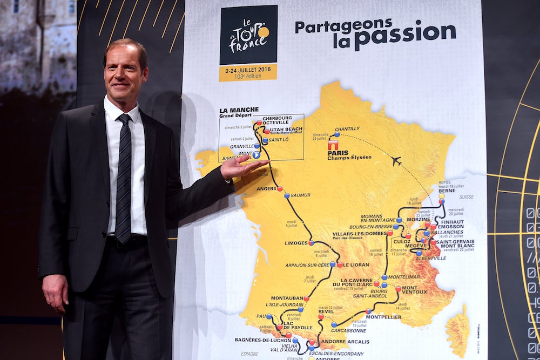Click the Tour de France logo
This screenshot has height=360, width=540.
point(248,36)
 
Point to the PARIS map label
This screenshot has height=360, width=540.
point(337,152)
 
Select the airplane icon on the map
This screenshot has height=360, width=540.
point(396,161)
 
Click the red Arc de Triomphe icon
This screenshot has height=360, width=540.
point(333,144)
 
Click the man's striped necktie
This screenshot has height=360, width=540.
point(124,179)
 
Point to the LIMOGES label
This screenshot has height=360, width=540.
point(296,243)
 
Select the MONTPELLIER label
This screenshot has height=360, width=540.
point(383,317)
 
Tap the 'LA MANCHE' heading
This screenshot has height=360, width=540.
point(239,110)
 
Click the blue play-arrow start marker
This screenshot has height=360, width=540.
point(256,155)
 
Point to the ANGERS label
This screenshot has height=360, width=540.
point(267,188)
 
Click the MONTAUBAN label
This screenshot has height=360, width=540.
point(286,297)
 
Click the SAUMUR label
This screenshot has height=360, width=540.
point(300,195)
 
